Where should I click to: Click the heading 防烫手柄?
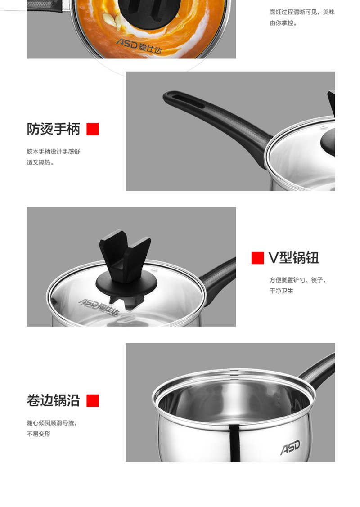(x=54, y=129)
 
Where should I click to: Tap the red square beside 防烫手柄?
(x=93, y=129)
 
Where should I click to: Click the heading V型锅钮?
(x=294, y=258)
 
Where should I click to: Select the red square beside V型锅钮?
(x=257, y=258)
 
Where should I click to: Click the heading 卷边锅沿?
(x=54, y=400)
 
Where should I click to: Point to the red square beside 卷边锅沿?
(x=93, y=400)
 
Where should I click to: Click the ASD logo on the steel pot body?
(x=290, y=447)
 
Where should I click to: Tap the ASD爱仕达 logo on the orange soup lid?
(x=139, y=46)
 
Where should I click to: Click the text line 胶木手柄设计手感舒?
(x=54, y=151)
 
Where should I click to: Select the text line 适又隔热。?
(x=41, y=162)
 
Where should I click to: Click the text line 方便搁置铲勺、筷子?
(x=297, y=280)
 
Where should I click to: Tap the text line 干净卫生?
(x=281, y=291)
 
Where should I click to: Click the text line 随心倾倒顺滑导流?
(x=52, y=423)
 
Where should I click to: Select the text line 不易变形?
(x=39, y=434)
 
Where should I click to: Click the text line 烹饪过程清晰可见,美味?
(x=302, y=12)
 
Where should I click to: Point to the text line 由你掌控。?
(x=283, y=23)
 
